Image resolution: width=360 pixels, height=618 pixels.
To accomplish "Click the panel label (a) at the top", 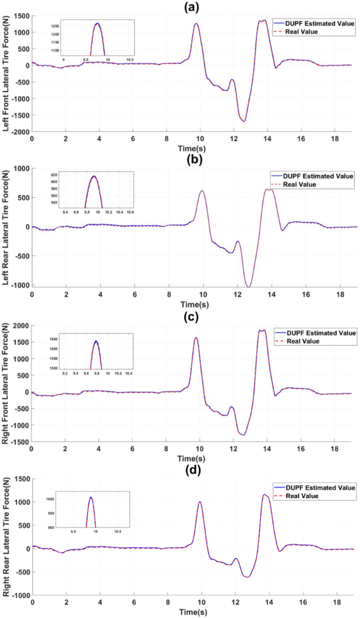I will tap(193, 7).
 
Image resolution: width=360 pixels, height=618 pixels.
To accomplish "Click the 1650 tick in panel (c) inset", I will tap(54, 340).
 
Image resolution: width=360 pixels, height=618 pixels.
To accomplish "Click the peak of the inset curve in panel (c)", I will tap(96, 341).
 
